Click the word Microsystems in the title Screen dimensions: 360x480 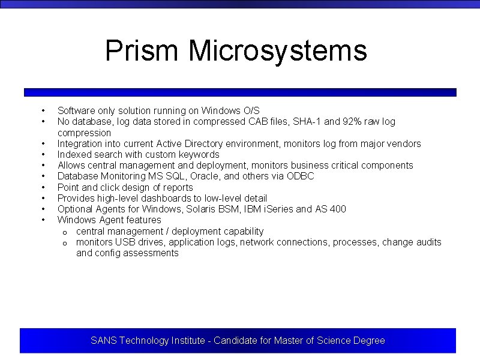point(277,50)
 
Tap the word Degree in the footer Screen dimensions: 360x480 point(369,341)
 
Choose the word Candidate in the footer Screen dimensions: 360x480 point(235,341)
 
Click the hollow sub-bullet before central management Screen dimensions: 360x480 point(64,232)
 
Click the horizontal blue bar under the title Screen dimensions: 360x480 point(240,92)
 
